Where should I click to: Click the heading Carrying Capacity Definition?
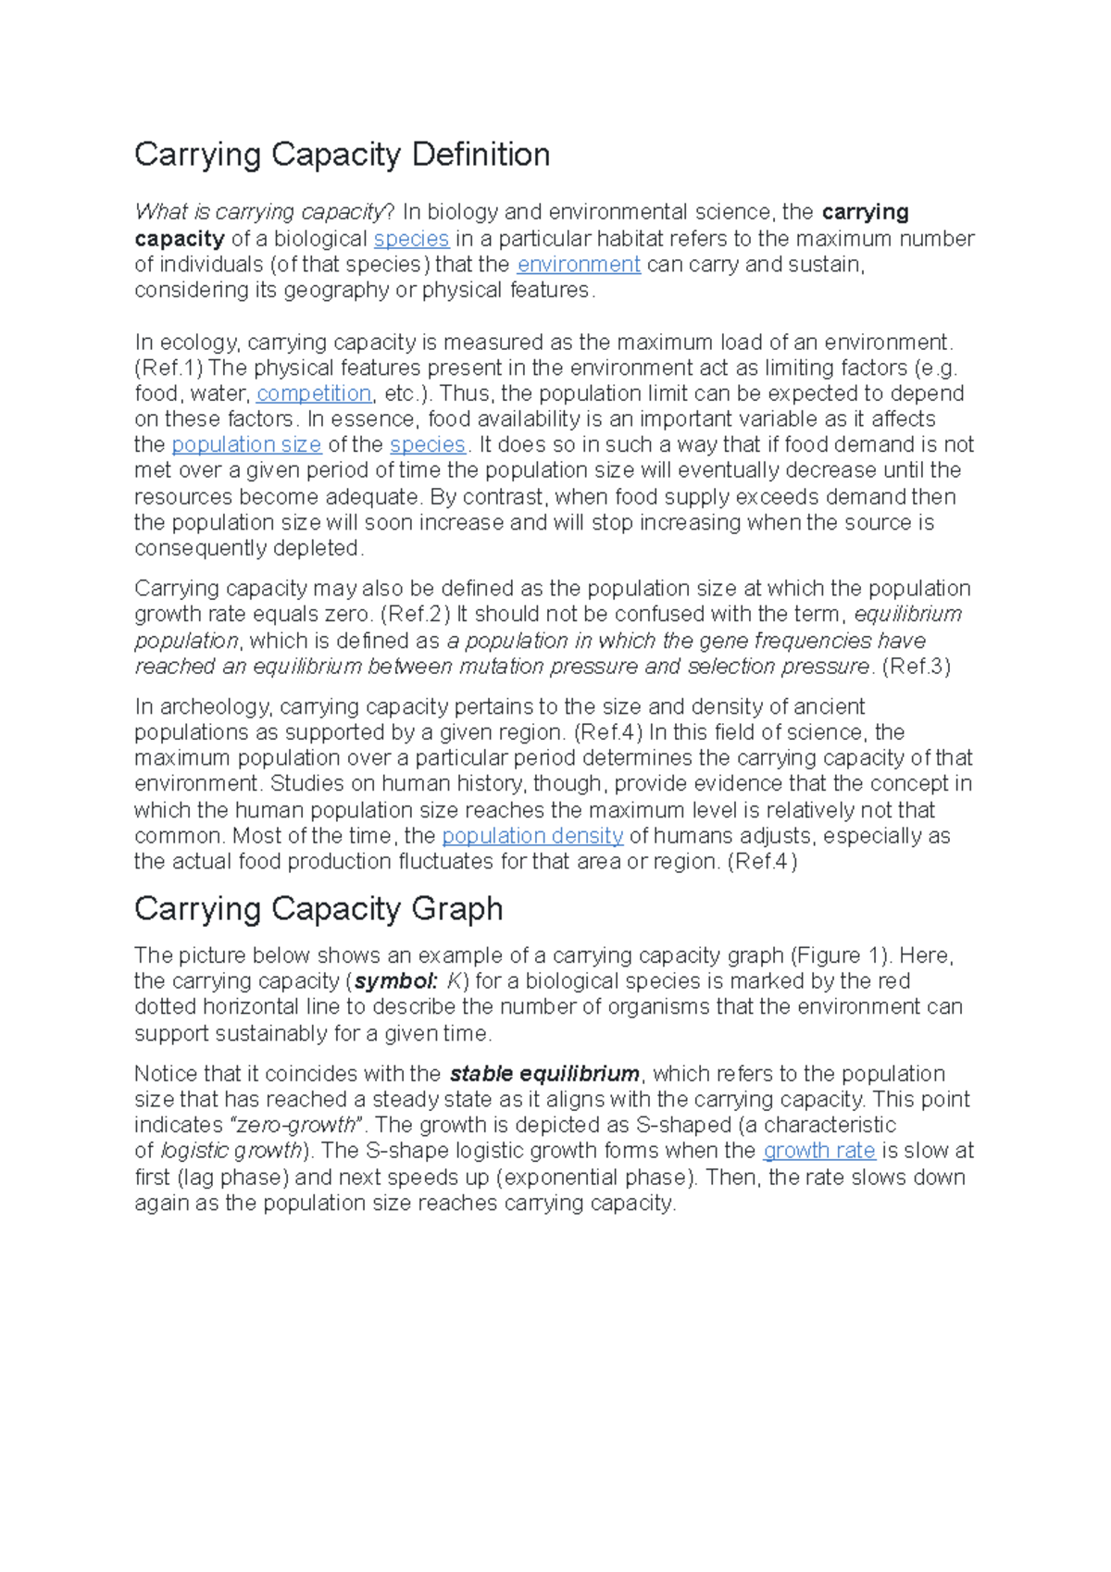click(x=342, y=155)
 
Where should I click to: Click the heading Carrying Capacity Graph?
click(x=318, y=909)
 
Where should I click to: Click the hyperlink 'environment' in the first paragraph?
click(x=579, y=265)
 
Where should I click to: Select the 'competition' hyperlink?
click(x=314, y=393)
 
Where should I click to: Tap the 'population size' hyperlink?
click(x=246, y=444)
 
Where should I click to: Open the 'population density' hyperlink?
click(x=532, y=836)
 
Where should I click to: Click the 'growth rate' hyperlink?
click(x=818, y=1151)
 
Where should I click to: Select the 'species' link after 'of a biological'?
click(x=411, y=239)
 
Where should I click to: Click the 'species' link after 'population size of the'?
click(x=427, y=444)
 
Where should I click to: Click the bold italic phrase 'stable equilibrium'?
click(x=544, y=1074)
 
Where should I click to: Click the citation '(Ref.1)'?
click(x=169, y=368)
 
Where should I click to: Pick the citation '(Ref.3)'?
click(x=917, y=667)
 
